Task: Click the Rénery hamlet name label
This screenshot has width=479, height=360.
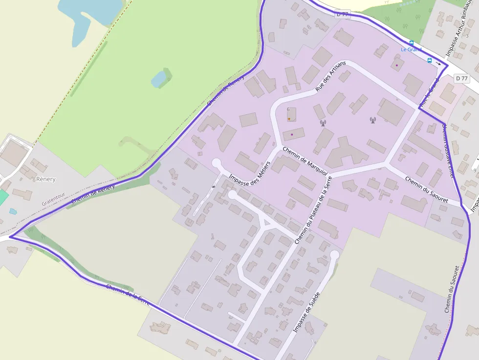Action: click(46, 179)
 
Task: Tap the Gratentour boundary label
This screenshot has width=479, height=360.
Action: click(53, 198)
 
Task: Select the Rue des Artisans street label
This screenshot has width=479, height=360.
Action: click(330, 77)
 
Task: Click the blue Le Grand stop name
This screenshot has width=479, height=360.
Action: click(411, 49)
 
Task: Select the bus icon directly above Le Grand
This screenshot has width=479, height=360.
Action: click(411, 43)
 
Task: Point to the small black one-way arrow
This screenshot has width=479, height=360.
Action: click(438, 63)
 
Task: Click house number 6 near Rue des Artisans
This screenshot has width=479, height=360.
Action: click(288, 109)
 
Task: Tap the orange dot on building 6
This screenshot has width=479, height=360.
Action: click(289, 119)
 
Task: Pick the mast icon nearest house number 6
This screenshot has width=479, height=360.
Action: click(323, 123)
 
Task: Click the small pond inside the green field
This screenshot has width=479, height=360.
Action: click(158, 79)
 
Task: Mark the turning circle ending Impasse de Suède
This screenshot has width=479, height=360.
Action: click(334, 254)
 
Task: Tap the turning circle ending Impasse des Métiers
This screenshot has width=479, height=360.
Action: click(216, 163)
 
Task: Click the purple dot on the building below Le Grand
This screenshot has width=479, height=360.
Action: click(397, 65)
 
